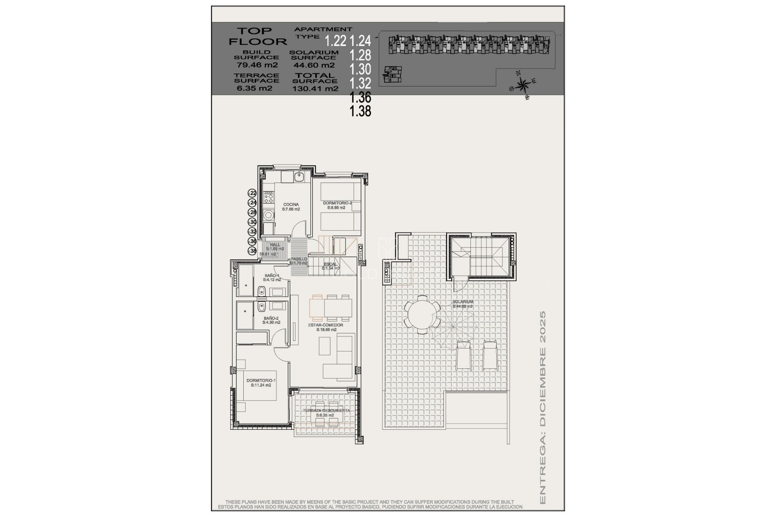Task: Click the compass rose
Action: (523, 85)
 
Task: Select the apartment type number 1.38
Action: (360, 111)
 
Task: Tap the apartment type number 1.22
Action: (335, 41)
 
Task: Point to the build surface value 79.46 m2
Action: (257, 65)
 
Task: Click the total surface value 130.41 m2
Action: (315, 88)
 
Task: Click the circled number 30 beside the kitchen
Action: (253, 222)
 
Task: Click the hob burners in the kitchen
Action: (268, 198)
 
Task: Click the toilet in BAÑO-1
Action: (261, 291)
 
